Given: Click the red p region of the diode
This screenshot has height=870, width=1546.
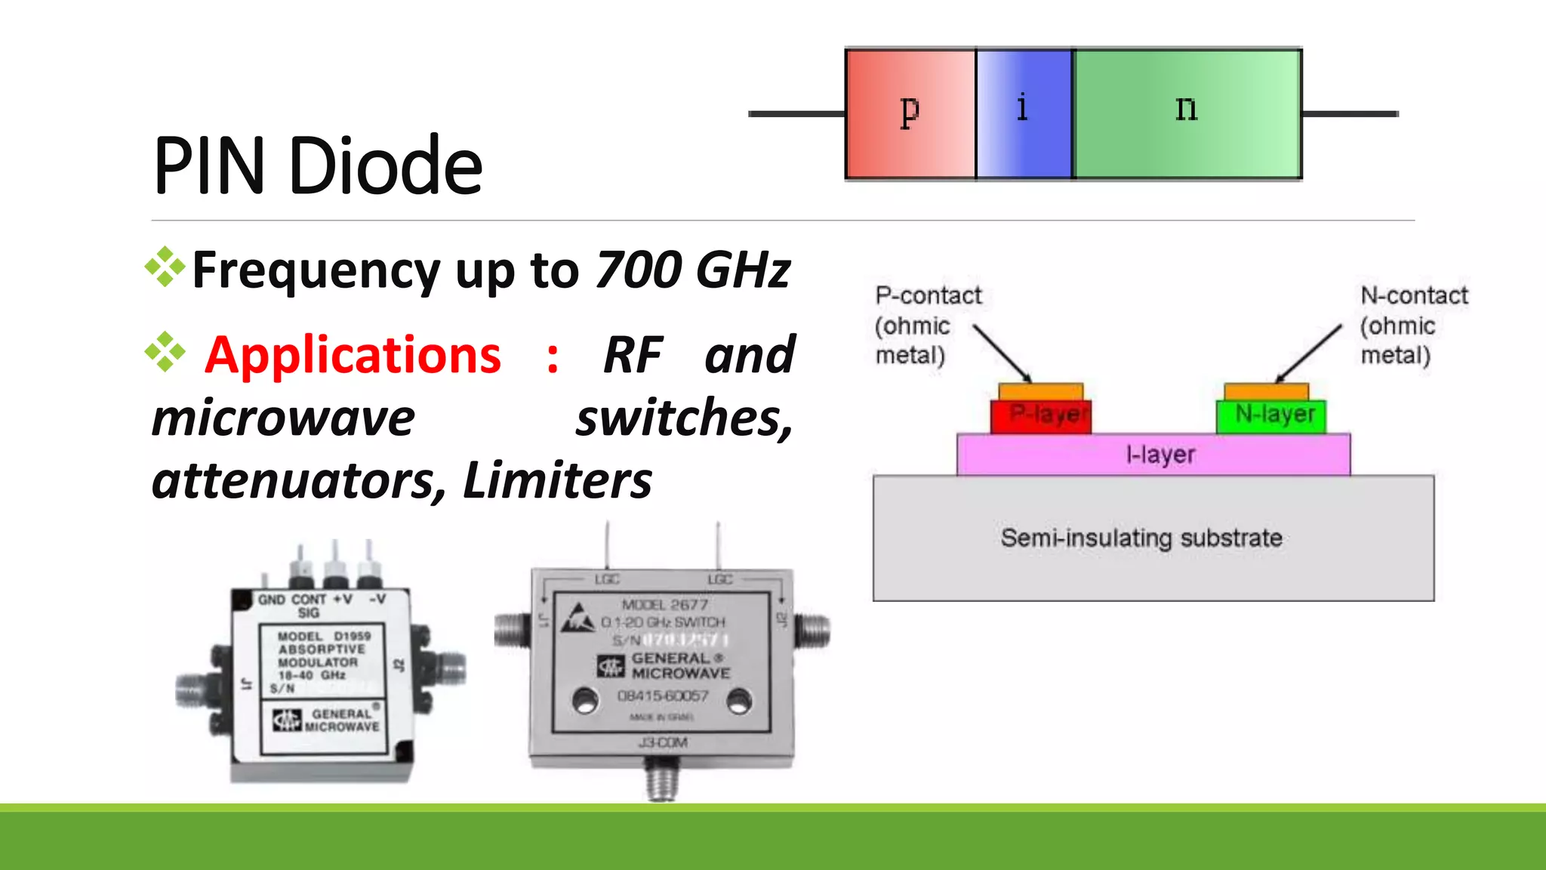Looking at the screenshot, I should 910,113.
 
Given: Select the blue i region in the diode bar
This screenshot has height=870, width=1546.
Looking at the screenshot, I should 1024,113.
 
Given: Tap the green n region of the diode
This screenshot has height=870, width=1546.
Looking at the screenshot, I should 1187,113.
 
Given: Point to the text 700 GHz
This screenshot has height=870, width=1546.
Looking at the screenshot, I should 692,270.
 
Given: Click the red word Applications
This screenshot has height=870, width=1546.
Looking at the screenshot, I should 353,355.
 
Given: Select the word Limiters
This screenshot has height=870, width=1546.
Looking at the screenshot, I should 557,481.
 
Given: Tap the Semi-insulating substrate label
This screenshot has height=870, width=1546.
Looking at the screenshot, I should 1141,538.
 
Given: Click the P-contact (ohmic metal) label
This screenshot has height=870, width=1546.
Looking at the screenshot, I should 927,325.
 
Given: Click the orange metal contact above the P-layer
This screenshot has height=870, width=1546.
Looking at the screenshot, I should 1040,392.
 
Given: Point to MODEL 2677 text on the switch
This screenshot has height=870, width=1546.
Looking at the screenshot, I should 664,605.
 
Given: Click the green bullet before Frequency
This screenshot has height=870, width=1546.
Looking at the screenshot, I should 165,267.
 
